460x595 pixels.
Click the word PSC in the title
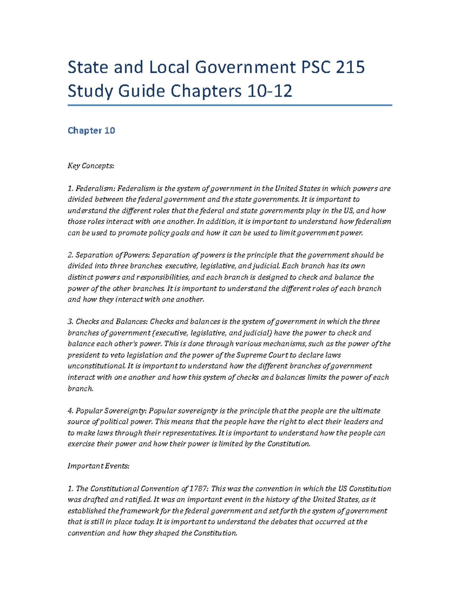(x=313, y=67)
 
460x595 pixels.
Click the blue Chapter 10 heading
(x=91, y=131)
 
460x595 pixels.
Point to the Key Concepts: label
(x=91, y=166)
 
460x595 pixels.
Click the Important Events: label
(x=99, y=466)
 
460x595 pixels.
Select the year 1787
(x=199, y=488)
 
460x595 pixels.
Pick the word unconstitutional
(x=96, y=366)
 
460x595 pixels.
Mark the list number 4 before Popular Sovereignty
(x=70, y=411)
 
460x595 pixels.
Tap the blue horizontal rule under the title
(x=230, y=105)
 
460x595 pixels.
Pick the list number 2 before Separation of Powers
(x=70, y=255)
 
